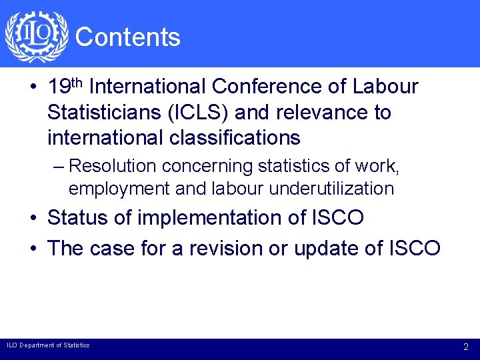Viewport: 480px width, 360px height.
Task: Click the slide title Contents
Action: (x=128, y=37)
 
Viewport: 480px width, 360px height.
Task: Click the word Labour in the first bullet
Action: (x=386, y=87)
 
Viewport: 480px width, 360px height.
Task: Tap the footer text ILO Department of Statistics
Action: (x=48, y=345)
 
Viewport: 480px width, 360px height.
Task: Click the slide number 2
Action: (x=466, y=347)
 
